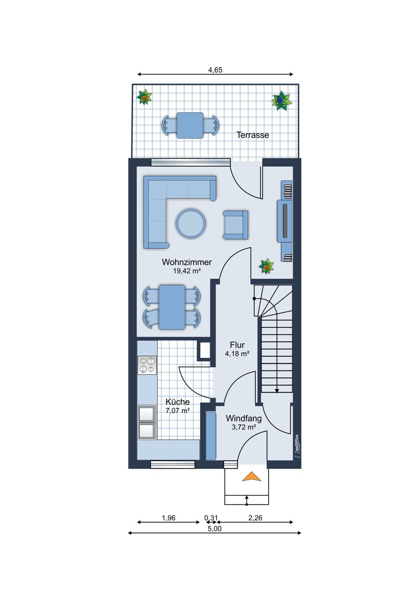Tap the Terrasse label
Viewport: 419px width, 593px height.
pos(252,135)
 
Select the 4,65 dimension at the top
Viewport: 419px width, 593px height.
pos(215,70)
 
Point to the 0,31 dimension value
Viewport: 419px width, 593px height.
pos(211,518)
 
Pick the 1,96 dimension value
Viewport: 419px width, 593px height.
pos(168,518)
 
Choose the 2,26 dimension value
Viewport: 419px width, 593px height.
pos(255,518)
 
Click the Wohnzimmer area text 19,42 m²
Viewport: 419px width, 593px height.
pos(187,271)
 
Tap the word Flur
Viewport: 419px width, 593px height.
pos(237,345)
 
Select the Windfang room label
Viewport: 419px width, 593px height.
pos(243,419)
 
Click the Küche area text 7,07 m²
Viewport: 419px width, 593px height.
pos(177,411)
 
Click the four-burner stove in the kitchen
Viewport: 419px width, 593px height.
pos(147,365)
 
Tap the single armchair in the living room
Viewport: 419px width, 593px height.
pos(235,225)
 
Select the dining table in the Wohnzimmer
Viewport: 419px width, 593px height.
pos(172,307)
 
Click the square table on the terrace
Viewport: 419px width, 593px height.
pos(190,125)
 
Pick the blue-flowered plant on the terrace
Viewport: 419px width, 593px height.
pos(281,101)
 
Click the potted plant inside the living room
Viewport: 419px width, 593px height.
pos(266,266)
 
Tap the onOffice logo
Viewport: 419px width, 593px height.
pos(297,446)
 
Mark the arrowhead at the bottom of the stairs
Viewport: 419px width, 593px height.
pos(277,390)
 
